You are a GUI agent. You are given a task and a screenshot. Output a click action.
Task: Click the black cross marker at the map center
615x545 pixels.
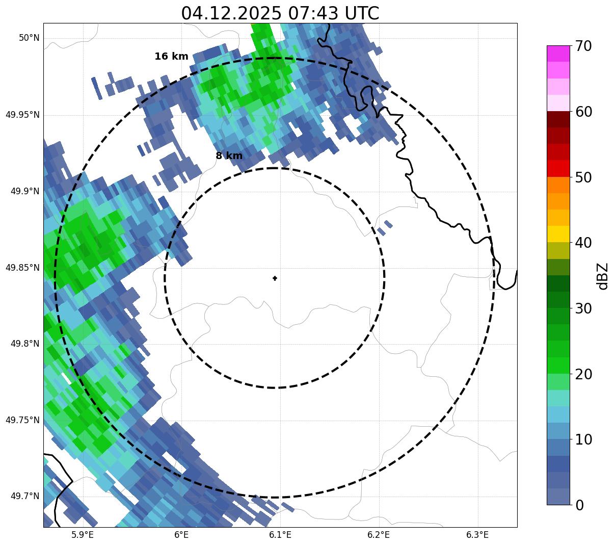[275, 278]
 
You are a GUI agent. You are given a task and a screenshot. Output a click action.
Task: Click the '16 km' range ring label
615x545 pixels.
[171, 57]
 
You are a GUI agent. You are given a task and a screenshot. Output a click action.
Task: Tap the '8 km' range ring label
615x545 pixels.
[229, 156]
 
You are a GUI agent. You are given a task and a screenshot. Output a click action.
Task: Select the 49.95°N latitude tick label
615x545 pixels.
[22, 115]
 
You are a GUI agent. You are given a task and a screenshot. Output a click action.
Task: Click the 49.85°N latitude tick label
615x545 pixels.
[22, 268]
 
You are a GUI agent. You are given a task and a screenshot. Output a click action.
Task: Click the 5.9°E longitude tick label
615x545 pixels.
[83, 535]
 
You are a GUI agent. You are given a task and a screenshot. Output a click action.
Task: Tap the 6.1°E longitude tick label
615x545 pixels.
[280, 535]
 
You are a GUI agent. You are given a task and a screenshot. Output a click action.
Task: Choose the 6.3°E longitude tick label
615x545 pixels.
[477, 535]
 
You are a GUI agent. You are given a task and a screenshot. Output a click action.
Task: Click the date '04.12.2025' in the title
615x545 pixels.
[231, 13]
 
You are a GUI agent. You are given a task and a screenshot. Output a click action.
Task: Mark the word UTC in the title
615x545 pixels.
[362, 13]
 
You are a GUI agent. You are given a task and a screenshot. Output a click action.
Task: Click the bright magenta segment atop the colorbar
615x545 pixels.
[558, 54]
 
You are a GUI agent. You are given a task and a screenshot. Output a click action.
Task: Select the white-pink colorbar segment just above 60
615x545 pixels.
[558, 103]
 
